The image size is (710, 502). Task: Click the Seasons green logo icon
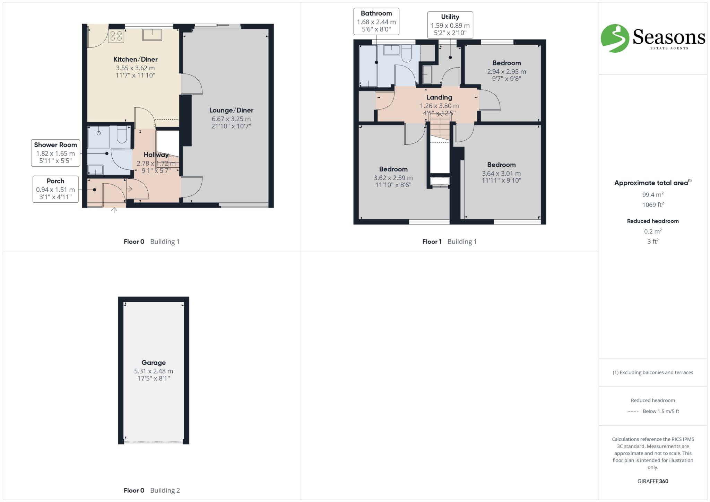click(x=615, y=38)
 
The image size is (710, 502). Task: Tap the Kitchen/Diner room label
click(x=135, y=59)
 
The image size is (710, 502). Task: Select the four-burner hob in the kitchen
click(x=116, y=36)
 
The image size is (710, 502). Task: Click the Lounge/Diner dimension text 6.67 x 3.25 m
click(x=231, y=119)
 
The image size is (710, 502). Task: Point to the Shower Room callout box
click(x=55, y=153)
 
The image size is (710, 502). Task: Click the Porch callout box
click(x=55, y=189)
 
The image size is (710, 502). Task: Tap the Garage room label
click(x=153, y=362)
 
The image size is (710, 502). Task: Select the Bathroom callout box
click(x=376, y=21)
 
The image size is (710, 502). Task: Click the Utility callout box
click(x=450, y=25)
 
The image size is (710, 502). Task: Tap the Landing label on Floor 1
click(x=439, y=97)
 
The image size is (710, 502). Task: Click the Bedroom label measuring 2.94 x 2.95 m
click(x=506, y=63)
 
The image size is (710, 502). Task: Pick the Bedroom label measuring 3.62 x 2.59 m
click(x=393, y=169)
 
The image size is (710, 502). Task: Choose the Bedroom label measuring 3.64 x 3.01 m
click(x=501, y=165)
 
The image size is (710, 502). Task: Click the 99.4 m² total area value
click(x=653, y=194)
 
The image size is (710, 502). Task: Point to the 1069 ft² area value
click(x=653, y=204)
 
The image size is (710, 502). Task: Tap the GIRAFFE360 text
click(x=653, y=481)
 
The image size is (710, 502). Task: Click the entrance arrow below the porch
click(x=114, y=210)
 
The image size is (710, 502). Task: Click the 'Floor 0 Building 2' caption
click(x=152, y=490)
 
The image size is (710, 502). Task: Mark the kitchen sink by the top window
click(x=152, y=35)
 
